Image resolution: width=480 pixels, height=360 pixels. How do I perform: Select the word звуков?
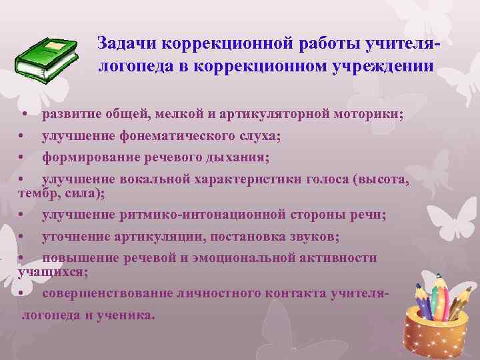[312, 237]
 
